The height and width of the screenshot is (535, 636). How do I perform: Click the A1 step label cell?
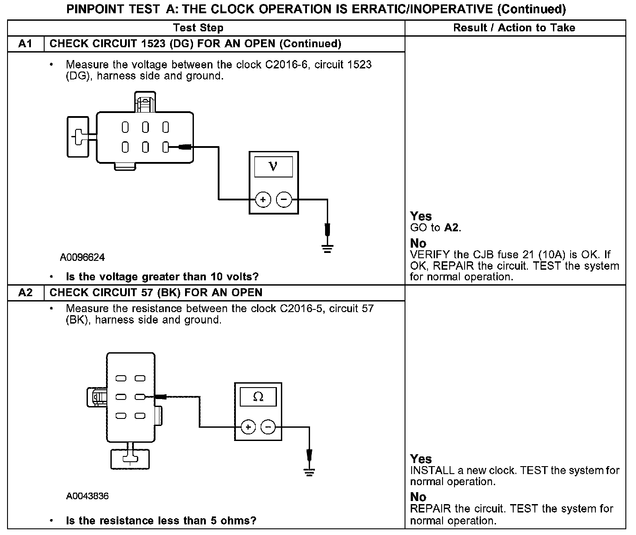coord(26,44)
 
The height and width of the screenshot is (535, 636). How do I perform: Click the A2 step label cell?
coord(26,293)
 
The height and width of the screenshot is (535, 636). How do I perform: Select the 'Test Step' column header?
coord(198,28)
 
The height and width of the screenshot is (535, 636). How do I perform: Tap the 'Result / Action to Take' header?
coord(514,28)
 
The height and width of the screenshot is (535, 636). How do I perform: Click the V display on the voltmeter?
coord(273,167)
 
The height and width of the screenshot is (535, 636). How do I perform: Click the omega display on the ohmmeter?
coord(258,397)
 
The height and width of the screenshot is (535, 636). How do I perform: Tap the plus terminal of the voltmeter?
coord(263,200)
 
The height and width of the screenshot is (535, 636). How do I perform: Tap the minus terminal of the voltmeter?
coord(284,200)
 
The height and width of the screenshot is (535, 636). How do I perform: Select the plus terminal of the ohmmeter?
coord(248,427)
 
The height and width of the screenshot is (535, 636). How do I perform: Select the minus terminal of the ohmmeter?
coord(268,427)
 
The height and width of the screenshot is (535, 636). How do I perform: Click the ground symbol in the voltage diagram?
coord(327,248)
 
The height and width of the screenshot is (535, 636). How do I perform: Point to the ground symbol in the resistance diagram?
coord(309,471)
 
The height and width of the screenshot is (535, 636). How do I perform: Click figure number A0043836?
coord(87,496)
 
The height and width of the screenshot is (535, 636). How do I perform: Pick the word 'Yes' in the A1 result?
coord(421,216)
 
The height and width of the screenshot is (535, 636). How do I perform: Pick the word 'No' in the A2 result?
coord(418,497)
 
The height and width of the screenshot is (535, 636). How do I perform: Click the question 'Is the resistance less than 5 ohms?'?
coord(161,520)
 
